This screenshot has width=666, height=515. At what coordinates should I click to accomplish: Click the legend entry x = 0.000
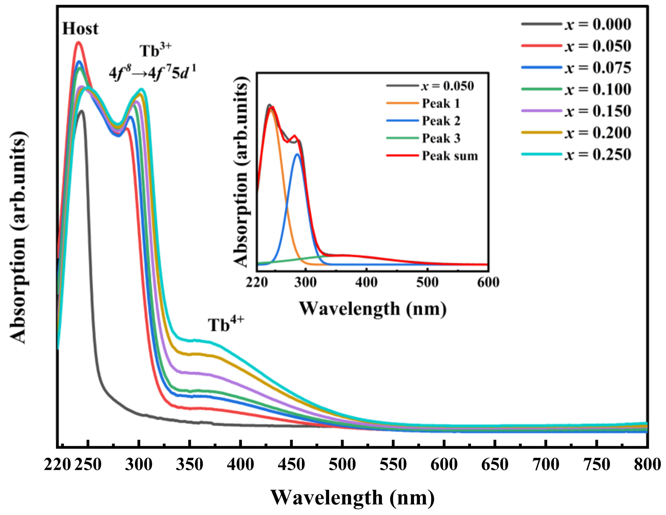[x=576, y=24]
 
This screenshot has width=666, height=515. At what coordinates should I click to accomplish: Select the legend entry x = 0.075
[x=576, y=68]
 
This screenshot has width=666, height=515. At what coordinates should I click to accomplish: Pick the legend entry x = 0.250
[x=576, y=154]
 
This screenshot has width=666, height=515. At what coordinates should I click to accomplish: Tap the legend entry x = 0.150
[x=576, y=111]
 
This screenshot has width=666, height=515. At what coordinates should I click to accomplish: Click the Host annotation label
[x=80, y=28]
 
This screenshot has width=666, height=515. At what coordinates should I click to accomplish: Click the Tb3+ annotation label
[x=156, y=50]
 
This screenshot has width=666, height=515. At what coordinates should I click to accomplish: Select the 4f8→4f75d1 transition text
[x=152, y=72]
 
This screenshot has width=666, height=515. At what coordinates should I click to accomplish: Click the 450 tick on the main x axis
[x=291, y=464]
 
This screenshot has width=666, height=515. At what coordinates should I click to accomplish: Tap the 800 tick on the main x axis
[x=647, y=464]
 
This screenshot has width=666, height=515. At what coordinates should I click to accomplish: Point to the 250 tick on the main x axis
[x=88, y=464]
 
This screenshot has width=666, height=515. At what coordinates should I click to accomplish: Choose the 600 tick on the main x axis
[x=444, y=464]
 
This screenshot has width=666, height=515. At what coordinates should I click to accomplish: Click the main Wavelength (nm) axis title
[x=352, y=498]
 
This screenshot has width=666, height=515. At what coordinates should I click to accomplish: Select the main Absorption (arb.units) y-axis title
[x=18, y=237]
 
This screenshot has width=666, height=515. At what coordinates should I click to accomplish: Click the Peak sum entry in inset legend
[x=432, y=156]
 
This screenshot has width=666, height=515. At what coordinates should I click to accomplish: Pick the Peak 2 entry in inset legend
[x=423, y=121]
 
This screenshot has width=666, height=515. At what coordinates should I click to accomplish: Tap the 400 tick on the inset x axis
[x=366, y=283]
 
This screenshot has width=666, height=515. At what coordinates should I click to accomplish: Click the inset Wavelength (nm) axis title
[x=373, y=308]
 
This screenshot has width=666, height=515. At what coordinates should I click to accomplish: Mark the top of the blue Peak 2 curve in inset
[x=297, y=154]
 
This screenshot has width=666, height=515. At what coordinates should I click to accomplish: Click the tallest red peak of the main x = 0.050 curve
[x=78, y=42]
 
